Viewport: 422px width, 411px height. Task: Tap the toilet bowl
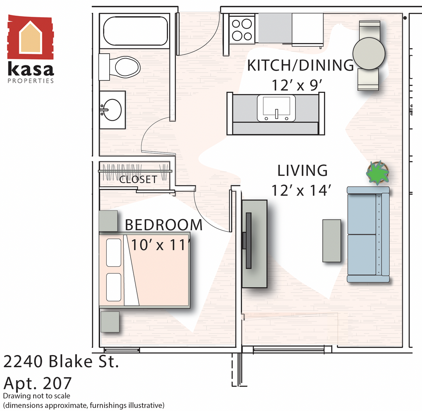tap(127, 67)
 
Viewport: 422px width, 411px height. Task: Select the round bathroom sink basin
tap(112, 110)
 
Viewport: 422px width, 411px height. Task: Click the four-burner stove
tap(242, 30)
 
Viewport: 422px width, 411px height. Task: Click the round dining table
tap(369, 53)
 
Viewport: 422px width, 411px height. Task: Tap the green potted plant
tap(377, 173)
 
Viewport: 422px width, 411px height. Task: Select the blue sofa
tap(368, 234)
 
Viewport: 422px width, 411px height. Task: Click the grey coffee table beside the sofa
tap(332, 241)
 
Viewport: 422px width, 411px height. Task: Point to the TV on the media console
tap(248, 241)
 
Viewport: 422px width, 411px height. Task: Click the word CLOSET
tap(138, 179)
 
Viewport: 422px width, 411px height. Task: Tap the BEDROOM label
tap(164, 225)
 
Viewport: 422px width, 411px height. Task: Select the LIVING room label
tap(302, 170)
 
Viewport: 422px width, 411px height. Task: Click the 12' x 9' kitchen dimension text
tap(297, 85)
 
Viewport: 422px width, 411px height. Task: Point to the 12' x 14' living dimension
tap(301, 190)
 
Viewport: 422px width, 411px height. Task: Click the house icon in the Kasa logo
tap(30, 37)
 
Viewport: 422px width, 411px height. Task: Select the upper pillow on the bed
tap(113, 253)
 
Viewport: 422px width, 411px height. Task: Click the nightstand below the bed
tap(110, 322)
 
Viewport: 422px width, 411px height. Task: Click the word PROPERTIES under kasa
tap(31, 81)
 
